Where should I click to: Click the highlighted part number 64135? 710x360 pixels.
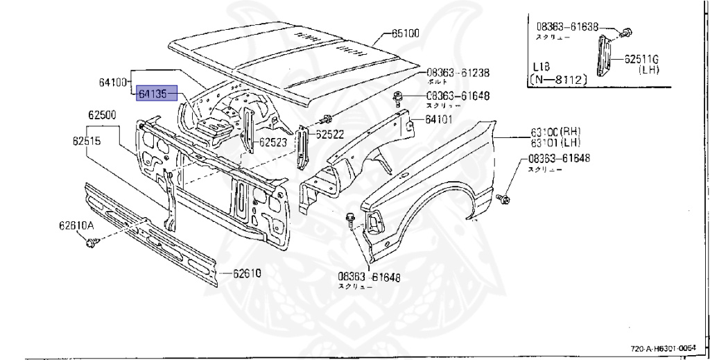(153, 93)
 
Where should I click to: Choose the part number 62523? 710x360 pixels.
(273, 143)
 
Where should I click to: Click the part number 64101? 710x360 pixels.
(440, 119)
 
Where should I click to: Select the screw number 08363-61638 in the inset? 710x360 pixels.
(567, 27)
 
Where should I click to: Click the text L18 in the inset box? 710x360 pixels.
(542, 68)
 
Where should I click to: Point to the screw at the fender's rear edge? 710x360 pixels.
(505, 199)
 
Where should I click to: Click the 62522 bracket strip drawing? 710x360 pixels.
(302, 148)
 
